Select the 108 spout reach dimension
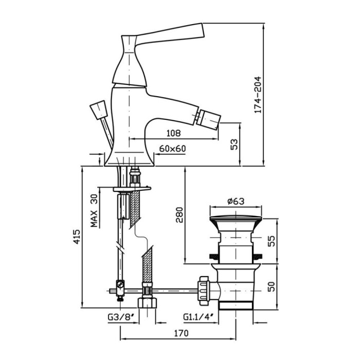point(173,133)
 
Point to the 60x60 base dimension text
point(172,149)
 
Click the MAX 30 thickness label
point(95,211)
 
